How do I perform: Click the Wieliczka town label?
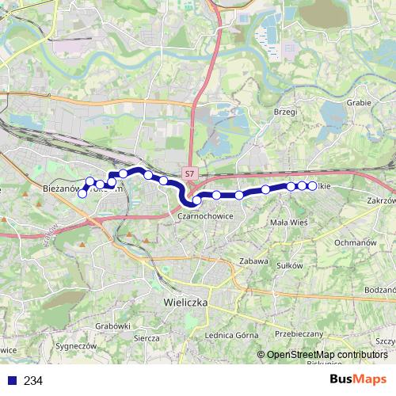(x=185, y=303)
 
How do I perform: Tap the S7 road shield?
(x=188, y=172)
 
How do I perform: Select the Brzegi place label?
(x=284, y=112)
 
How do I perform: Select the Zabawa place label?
(x=253, y=261)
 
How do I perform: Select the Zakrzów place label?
(x=381, y=201)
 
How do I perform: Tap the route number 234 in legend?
(x=33, y=381)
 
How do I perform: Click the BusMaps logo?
(x=358, y=380)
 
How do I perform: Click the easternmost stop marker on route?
(x=312, y=185)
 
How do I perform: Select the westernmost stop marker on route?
(x=82, y=193)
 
